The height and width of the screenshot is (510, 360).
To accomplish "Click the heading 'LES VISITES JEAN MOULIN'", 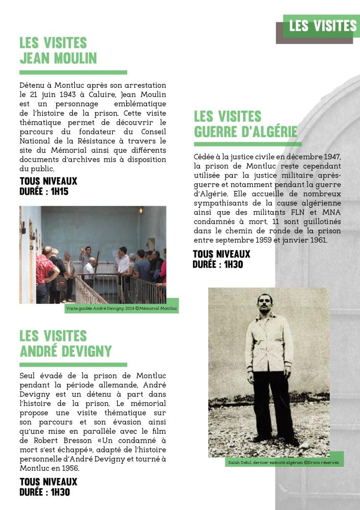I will coord(58,50).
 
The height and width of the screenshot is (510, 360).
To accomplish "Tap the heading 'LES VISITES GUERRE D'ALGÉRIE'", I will coord(245,124).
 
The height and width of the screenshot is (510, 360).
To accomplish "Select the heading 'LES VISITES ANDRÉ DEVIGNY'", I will coord(66,343).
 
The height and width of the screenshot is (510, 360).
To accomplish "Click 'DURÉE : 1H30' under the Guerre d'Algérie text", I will coord(217,264).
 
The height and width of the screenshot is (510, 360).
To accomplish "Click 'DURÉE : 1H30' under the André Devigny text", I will coord(45,492).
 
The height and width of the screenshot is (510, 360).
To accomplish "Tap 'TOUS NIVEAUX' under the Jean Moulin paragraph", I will coord(48,181).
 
